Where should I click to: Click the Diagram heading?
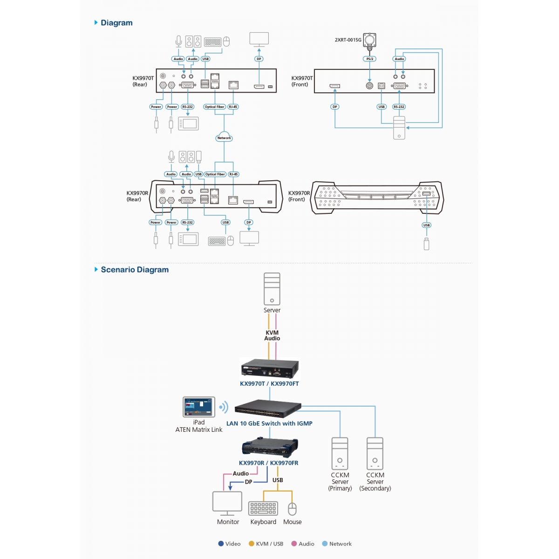click(x=116, y=23)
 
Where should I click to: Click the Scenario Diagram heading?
click(x=135, y=270)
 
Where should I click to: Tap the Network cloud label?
click(x=224, y=138)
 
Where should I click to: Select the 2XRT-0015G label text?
click(x=348, y=40)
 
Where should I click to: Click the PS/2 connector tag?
click(x=369, y=59)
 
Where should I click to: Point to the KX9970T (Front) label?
click(x=302, y=81)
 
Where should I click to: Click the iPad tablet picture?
click(x=199, y=407)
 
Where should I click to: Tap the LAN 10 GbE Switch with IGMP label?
click(x=269, y=423)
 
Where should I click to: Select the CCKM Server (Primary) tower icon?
click(x=340, y=454)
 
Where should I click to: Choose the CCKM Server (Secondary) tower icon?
click(x=375, y=454)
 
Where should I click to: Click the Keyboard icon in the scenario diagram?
click(x=263, y=509)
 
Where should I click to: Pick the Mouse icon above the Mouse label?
click(x=292, y=509)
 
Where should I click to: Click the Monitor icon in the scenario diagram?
click(x=227, y=504)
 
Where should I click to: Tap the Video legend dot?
click(x=221, y=544)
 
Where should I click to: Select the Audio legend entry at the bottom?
click(x=303, y=544)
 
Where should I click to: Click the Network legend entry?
click(x=336, y=544)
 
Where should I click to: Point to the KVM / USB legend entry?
click(x=266, y=544)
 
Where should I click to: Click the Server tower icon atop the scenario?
click(x=272, y=289)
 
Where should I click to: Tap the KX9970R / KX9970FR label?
click(x=269, y=463)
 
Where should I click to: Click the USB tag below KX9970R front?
click(x=426, y=225)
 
